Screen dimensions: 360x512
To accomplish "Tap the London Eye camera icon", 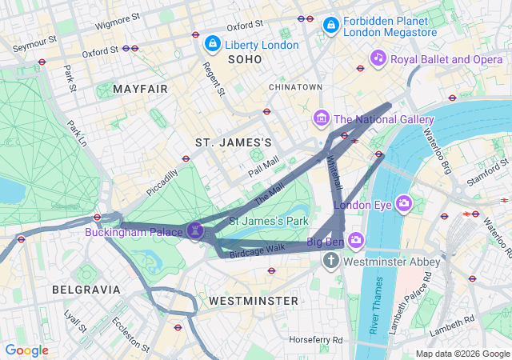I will coord(405,204).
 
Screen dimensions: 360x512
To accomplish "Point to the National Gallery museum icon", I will coord(322,119).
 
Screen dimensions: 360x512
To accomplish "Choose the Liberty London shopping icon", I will coord(212,44).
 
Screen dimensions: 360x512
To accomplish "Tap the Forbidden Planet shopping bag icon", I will coord(330,27).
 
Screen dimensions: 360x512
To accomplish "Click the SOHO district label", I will coord(244,60).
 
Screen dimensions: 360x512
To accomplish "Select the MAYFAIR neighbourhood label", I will coord(141,88).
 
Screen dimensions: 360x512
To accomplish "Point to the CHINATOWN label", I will coord(295,86).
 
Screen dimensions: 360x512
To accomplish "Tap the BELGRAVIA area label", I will coord(86,289).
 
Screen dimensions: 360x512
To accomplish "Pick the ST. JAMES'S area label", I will coord(234,142).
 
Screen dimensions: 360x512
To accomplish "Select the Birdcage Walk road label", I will coord(258,249).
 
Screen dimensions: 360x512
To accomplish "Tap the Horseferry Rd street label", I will coord(316,340).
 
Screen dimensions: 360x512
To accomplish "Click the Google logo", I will coord(26,350).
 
